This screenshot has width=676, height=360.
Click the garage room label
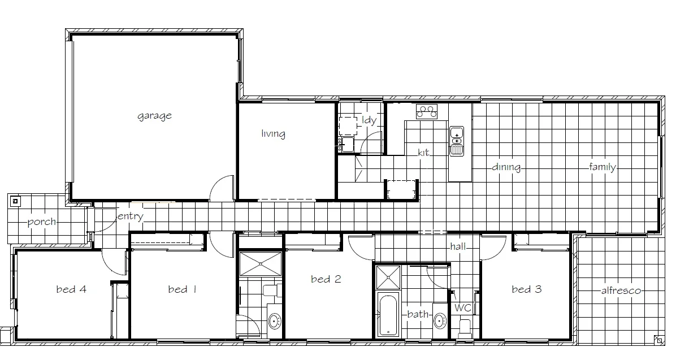point(154,116)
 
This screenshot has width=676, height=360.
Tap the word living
point(273,134)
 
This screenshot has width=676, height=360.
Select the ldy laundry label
point(369,120)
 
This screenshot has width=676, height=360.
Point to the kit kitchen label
point(424,153)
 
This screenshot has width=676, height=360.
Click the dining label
point(506,167)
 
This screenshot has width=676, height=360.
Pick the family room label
point(602,167)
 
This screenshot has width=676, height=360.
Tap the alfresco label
point(621,290)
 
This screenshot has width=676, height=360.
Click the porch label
point(42,222)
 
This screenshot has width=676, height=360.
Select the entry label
point(130,216)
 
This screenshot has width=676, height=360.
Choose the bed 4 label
point(71,289)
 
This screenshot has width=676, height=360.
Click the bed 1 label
point(182,289)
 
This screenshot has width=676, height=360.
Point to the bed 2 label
point(326,279)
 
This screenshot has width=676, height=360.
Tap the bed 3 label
point(526,289)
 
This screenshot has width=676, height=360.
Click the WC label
point(462,308)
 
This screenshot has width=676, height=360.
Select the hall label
point(458,247)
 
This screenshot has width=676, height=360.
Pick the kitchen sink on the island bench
point(456,141)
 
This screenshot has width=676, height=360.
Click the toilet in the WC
point(465,328)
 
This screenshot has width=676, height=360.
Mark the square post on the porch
point(15,200)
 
